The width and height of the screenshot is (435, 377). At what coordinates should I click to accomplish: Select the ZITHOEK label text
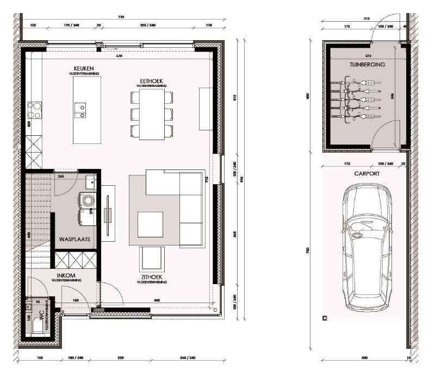coord(150,277)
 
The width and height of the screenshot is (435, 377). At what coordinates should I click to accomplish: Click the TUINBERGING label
coord(367,64)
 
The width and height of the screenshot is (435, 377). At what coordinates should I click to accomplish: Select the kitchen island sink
coord(80,109)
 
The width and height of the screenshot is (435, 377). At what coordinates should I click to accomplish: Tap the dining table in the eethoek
coord(152,114)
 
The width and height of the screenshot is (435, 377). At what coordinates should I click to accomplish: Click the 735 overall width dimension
coord(121,17)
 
